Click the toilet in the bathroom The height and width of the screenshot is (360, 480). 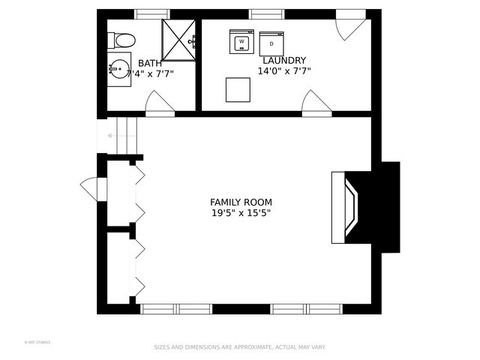point(122,41)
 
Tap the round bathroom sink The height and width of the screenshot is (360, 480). point(120,70)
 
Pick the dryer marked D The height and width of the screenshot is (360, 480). point(272,44)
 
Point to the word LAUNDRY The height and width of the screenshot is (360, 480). point(284,60)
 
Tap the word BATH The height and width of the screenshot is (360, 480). point(149,63)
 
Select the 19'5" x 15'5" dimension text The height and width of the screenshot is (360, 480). point(240,213)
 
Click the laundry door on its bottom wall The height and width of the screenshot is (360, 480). point(316,103)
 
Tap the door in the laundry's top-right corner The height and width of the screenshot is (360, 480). point(350,27)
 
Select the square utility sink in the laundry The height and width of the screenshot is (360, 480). point(237,89)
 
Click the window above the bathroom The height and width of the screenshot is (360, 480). point(153,14)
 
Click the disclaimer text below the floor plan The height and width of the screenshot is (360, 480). point(240,348)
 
